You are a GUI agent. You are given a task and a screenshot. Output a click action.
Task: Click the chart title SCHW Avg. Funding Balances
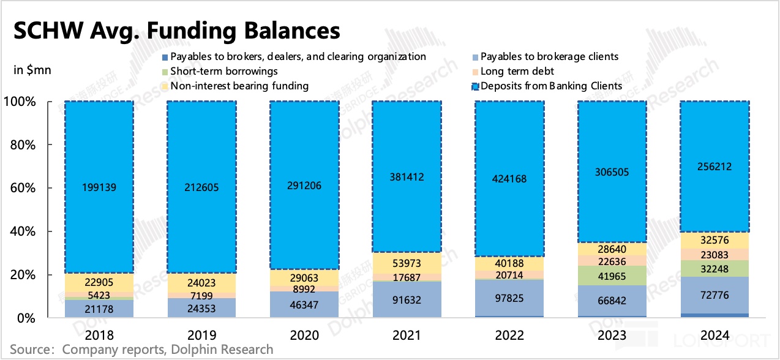tap(177, 30)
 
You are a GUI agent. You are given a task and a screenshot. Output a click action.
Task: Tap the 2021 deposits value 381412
tap(407, 177)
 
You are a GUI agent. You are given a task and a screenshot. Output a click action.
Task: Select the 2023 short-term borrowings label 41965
tap(612, 276)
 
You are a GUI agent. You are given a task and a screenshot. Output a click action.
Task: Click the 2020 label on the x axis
tap(304, 335)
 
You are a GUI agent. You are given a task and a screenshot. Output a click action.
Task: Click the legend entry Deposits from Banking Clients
tap(551, 86)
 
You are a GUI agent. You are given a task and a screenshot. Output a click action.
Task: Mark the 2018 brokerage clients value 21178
tap(99, 307)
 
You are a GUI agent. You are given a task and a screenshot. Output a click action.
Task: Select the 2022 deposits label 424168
tap(509, 179)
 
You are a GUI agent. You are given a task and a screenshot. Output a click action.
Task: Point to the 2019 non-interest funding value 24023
tap(201, 283)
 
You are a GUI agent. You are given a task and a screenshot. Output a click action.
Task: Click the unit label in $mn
tap(32, 70)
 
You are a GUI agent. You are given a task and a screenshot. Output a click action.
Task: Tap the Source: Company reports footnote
tap(141, 350)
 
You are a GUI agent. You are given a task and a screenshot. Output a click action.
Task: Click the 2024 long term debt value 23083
tap(714, 253)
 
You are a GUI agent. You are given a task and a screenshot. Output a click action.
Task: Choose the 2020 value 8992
tap(304, 288)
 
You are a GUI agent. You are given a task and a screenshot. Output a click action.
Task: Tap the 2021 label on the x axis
tap(407, 335)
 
